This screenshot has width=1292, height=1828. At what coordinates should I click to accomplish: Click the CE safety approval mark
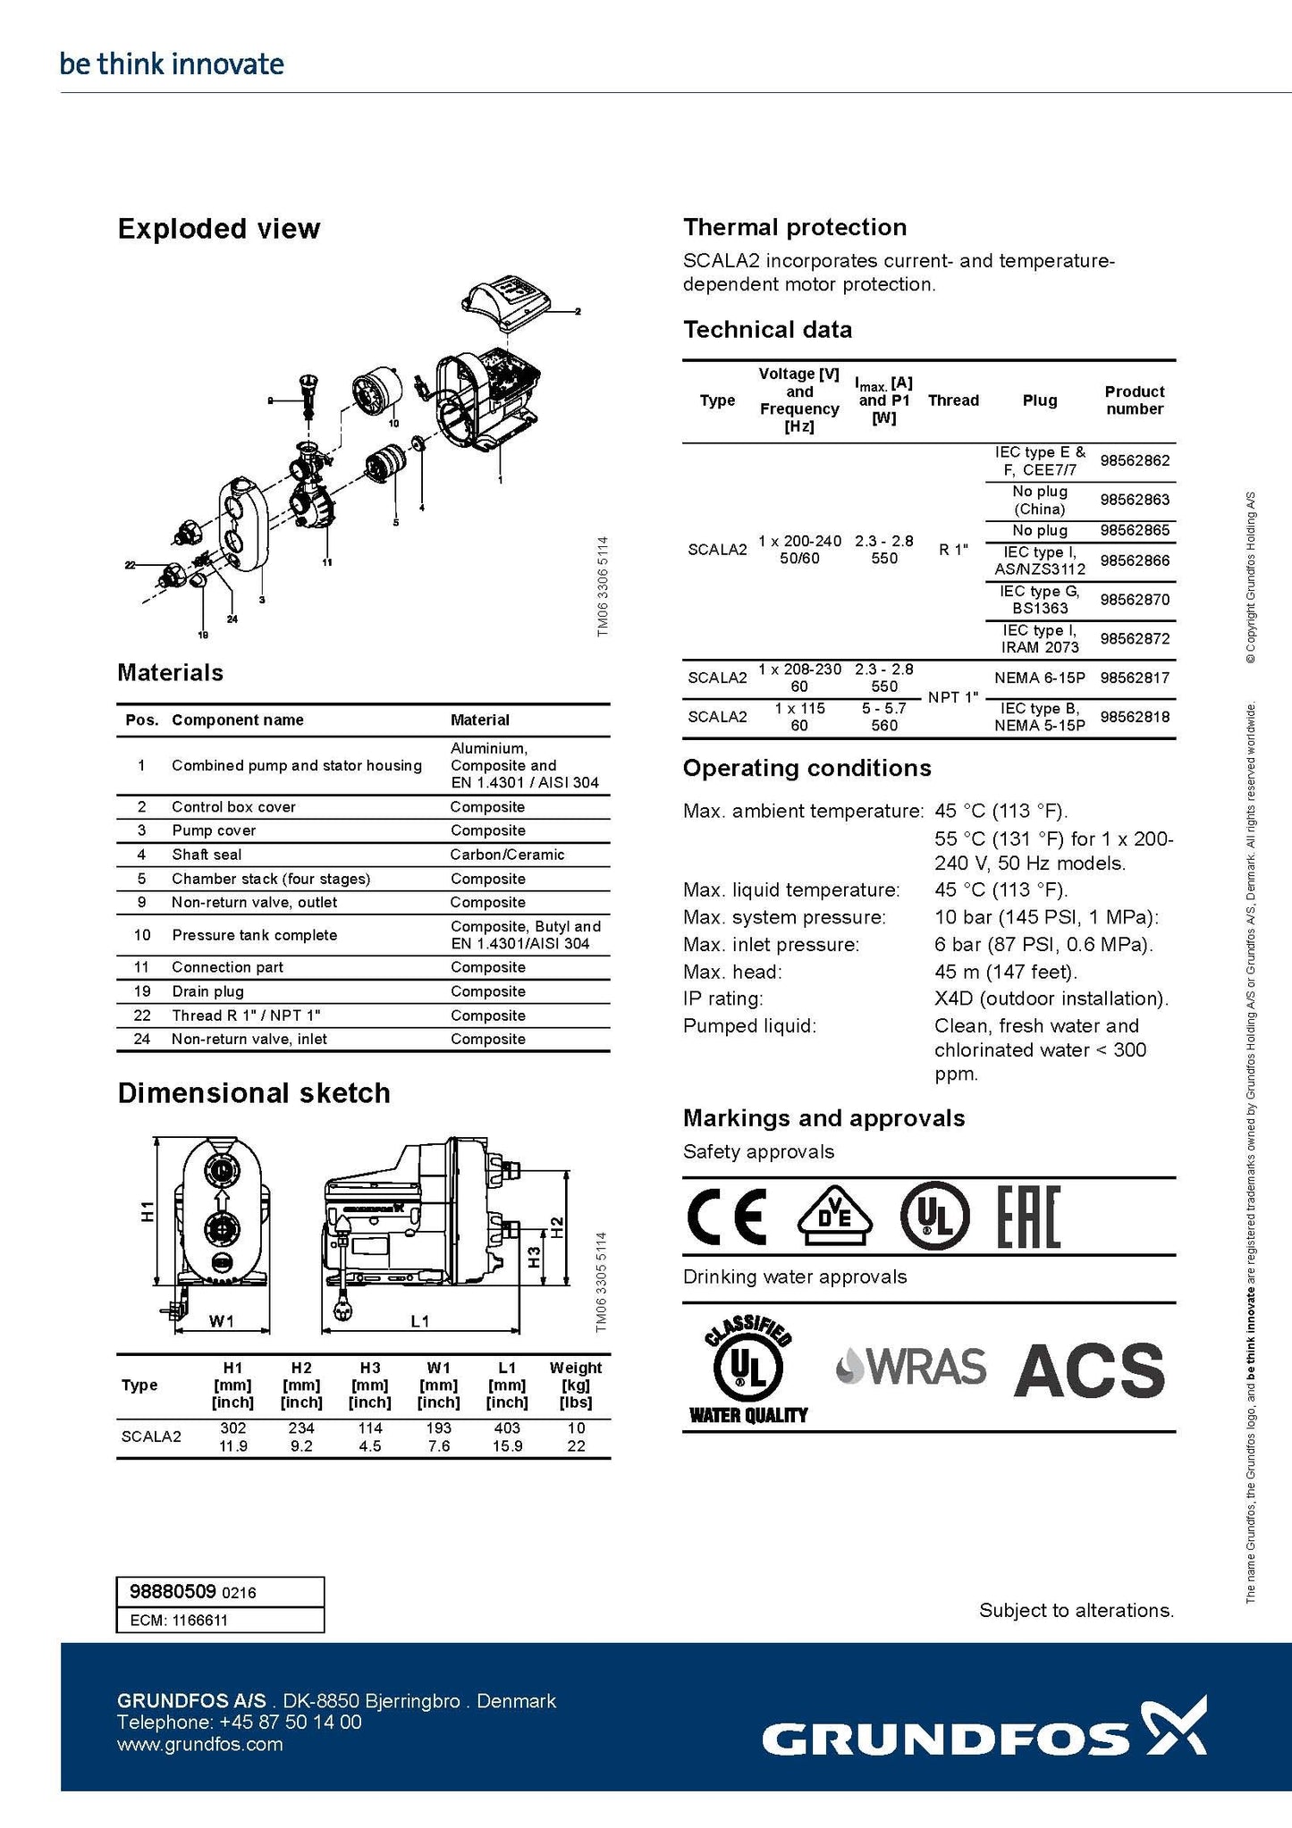(726, 1217)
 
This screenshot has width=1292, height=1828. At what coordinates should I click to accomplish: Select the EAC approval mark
(1028, 1217)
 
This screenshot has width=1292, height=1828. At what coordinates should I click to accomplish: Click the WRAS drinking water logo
(911, 1367)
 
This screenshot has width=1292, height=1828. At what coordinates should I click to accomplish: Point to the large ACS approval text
(1089, 1369)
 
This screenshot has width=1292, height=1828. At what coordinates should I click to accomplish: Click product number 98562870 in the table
(1135, 600)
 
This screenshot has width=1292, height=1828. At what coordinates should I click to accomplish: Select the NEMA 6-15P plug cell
(1040, 678)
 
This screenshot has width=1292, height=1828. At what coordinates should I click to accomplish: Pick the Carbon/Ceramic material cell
(507, 855)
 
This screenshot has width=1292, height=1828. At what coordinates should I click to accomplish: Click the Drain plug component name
(207, 991)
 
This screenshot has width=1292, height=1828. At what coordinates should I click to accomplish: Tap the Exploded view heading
(219, 229)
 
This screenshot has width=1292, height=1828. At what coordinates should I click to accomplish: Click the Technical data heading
(767, 330)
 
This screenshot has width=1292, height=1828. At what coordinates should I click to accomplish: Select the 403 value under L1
(507, 1428)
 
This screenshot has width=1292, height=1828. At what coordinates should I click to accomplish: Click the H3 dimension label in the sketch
(534, 1258)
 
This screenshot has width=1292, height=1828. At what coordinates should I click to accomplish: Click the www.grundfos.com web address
(199, 1744)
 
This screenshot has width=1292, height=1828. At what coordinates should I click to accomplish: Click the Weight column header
(576, 1368)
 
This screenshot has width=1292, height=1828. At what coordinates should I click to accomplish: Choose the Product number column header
(1135, 400)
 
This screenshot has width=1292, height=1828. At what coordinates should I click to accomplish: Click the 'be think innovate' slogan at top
(172, 64)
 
